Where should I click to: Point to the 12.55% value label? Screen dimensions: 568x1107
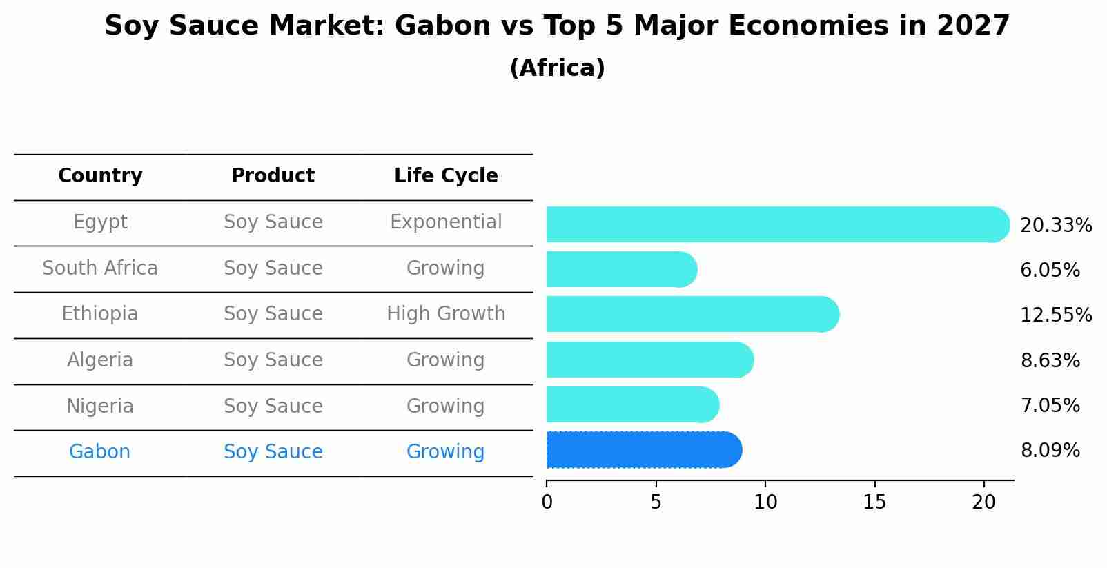1056,315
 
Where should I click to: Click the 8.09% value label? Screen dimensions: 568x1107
1050,451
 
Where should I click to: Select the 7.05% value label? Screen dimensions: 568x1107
1050,405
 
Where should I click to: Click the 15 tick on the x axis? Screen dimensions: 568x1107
874,502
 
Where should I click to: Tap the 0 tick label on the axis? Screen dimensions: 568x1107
547,502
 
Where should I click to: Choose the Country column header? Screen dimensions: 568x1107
100,176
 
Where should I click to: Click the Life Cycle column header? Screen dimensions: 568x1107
446,176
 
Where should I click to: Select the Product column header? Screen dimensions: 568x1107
273,176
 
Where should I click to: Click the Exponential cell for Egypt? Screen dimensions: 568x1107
446,222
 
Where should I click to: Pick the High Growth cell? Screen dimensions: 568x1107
446,314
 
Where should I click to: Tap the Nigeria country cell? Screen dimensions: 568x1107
100,406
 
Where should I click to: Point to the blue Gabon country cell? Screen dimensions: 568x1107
100,452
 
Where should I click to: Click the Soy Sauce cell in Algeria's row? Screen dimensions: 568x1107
273,360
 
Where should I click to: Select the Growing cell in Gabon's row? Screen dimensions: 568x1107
446,452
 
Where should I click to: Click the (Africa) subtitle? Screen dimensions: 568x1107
557,68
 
